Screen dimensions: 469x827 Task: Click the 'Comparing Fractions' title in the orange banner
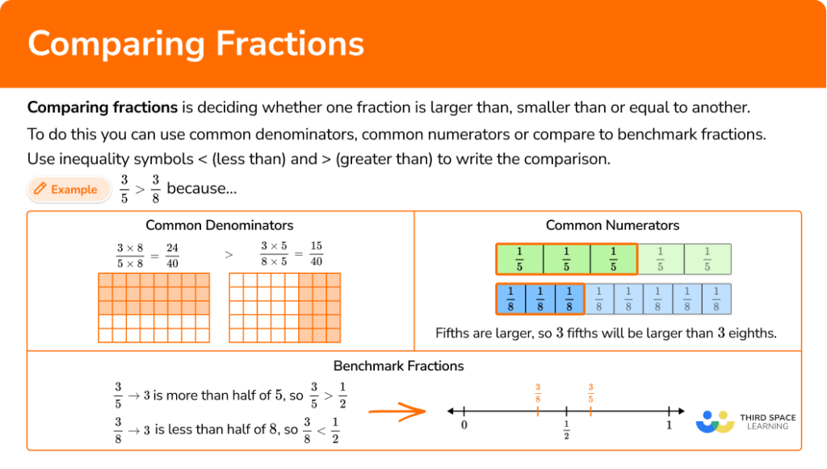(x=195, y=44)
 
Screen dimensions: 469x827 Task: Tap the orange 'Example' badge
(x=68, y=190)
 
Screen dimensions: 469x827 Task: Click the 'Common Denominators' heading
(x=220, y=225)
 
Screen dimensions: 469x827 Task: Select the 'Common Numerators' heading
(x=612, y=225)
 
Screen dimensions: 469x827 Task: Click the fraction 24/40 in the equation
(x=172, y=255)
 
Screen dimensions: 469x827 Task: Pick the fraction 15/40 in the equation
(x=316, y=255)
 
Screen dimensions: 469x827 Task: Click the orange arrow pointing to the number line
(x=397, y=412)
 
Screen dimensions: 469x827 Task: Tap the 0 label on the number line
(x=464, y=425)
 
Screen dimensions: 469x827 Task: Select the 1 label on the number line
(x=669, y=425)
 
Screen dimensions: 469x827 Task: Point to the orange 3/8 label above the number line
(x=537, y=393)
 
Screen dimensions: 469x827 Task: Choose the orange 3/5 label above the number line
(x=590, y=393)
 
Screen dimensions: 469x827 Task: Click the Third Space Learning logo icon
(x=714, y=421)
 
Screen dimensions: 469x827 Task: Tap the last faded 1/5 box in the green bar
(x=707, y=259)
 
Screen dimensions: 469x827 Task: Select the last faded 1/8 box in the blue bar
(x=716, y=299)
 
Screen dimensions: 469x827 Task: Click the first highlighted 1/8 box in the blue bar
(x=510, y=299)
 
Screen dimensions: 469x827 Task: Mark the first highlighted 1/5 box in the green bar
(x=519, y=259)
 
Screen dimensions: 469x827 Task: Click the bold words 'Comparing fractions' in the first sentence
(x=103, y=107)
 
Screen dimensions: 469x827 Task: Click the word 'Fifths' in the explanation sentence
(x=454, y=333)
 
